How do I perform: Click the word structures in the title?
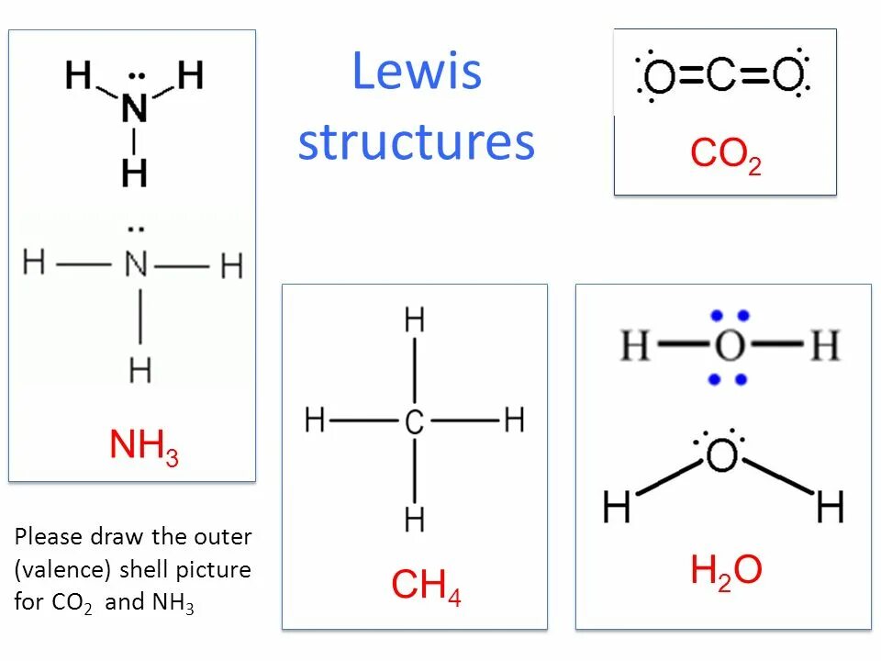click(x=417, y=142)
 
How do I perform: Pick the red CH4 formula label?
click(x=426, y=585)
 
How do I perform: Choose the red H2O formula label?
click(x=726, y=571)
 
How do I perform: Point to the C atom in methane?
click(x=414, y=422)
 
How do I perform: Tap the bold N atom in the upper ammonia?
click(x=135, y=109)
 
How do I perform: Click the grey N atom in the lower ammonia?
click(x=136, y=265)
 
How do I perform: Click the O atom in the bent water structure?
click(x=722, y=455)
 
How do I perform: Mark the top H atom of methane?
click(x=415, y=321)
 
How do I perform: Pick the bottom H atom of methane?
click(x=415, y=521)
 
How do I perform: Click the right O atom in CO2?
click(x=786, y=76)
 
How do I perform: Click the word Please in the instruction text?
click(x=49, y=536)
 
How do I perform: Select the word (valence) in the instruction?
click(x=62, y=570)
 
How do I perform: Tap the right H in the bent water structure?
click(x=830, y=506)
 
